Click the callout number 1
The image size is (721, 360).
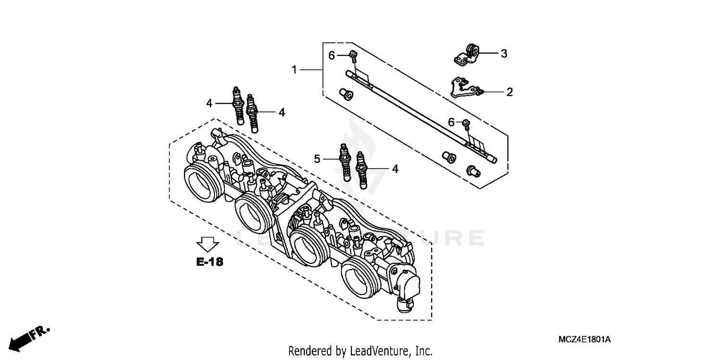[x=294, y=70]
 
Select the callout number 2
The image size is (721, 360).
[x=509, y=92]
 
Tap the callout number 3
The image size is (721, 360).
[x=504, y=54]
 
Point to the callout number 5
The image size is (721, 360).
[x=317, y=159]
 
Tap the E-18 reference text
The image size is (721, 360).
[x=210, y=262]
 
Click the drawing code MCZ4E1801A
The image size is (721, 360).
[x=584, y=340]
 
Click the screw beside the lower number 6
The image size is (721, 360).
[x=466, y=124]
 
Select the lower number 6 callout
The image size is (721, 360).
[x=451, y=123]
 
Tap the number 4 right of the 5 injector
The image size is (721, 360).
[x=395, y=169]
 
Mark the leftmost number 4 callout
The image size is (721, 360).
[x=209, y=103]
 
